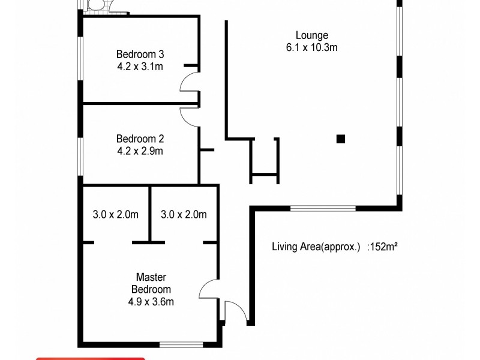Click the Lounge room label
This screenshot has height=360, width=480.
pos(311,35)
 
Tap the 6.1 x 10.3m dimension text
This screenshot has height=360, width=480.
pos(311,47)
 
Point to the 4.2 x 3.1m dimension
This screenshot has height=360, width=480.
pos(140,66)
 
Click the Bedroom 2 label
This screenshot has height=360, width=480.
pos(140,139)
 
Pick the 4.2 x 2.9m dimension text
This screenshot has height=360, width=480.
pos(140,151)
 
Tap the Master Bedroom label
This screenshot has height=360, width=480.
pos(151,283)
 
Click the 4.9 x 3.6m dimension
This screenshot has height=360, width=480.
pos(151,302)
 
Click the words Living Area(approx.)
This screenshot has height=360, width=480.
pos(316,247)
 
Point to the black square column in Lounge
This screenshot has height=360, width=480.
pos(341,139)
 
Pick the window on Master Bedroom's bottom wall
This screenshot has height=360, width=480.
pos(181,344)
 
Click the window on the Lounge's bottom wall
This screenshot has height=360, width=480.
pos(323,208)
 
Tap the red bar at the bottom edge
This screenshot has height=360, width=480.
pos(90,358)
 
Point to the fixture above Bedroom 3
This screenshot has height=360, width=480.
pos(96,7)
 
